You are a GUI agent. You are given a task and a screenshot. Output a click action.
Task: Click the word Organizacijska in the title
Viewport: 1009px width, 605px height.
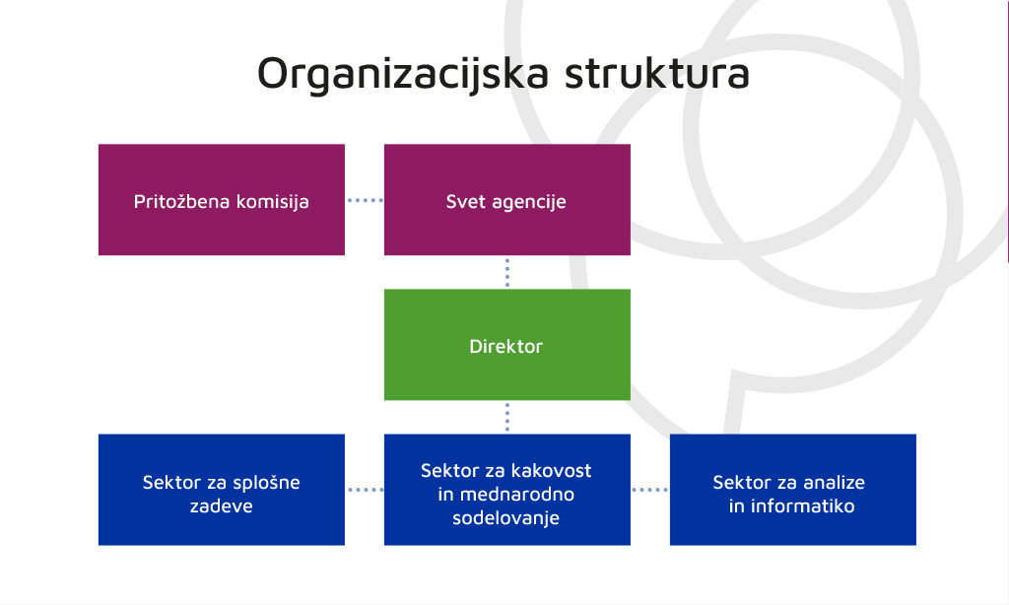click(403, 74)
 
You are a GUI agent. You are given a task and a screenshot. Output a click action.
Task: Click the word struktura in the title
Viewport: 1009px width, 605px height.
click(657, 73)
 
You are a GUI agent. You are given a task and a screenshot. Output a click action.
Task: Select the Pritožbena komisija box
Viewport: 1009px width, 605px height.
click(222, 199)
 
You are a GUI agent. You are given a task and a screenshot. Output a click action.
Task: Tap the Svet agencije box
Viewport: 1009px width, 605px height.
click(507, 199)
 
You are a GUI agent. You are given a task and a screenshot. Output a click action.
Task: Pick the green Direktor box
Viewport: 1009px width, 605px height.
click(507, 345)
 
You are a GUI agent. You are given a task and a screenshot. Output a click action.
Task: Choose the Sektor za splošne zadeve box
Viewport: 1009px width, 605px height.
click(222, 490)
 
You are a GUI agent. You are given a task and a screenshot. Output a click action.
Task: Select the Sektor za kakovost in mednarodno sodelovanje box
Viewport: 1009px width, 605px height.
click(507, 490)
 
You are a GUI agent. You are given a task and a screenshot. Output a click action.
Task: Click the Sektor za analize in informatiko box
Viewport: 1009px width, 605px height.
click(793, 490)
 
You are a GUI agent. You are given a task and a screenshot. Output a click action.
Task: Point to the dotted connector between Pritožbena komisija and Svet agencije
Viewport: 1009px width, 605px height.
click(365, 200)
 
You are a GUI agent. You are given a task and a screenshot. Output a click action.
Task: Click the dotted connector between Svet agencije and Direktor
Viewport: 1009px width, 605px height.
click(507, 272)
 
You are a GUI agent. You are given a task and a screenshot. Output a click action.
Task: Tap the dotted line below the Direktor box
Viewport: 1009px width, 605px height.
click(507, 417)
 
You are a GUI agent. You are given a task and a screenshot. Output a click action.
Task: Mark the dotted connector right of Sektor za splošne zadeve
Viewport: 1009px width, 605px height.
click(365, 490)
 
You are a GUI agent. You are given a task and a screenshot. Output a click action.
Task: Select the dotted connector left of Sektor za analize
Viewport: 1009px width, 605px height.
click(650, 490)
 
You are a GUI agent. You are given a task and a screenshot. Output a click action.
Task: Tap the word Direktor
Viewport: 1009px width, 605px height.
click(506, 346)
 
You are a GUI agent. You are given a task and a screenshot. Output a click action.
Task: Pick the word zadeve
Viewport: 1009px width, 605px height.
click(222, 505)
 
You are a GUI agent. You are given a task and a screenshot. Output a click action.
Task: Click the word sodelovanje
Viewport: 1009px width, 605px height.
click(505, 518)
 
